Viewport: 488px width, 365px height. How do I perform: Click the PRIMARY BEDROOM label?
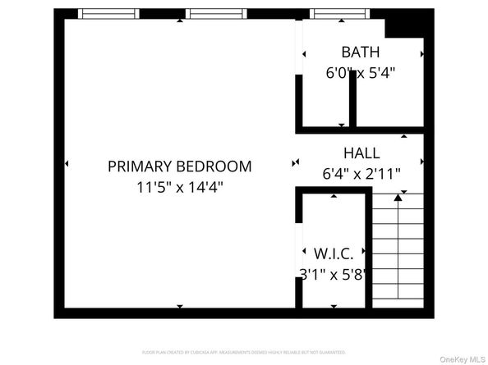click(179, 167)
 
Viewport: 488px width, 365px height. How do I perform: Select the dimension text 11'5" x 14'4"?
click(179, 187)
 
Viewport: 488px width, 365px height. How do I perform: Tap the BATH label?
click(361, 51)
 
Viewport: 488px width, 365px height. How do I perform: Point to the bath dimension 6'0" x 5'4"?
click(361, 72)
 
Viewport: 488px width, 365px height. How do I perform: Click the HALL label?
click(361, 153)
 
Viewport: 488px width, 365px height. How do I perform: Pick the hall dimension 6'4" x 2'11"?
click(361, 173)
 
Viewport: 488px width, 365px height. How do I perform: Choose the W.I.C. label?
click(334, 254)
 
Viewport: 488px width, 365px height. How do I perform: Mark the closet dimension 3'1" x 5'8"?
click(334, 275)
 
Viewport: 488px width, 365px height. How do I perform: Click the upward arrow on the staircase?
click(398, 196)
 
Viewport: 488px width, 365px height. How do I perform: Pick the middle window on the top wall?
click(216, 14)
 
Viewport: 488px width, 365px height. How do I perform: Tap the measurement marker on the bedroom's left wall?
click(66, 165)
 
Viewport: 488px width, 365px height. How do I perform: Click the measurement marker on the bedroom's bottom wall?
click(180, 307)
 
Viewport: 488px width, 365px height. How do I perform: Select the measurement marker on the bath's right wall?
click(422, 54)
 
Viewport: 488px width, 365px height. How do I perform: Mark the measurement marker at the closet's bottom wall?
click(334, 307)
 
